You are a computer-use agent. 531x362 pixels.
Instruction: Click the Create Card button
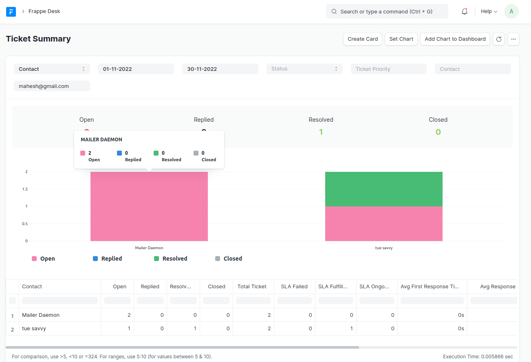[x=363, y=39]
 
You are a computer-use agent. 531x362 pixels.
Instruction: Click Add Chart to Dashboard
[x=455, y=39]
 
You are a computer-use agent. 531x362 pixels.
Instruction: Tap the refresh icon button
[x=499, y=39]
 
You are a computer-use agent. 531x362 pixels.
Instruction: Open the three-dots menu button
[x=513, y=39]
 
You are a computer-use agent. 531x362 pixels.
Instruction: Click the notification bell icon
[x=465, y=11]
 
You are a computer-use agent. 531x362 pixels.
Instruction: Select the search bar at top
[x=387, y=11]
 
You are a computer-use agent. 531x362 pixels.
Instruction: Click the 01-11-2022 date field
[x=136, y=69]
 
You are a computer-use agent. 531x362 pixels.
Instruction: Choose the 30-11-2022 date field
[x=220, y=69]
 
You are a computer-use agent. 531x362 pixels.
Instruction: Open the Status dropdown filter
[x=304, y=69]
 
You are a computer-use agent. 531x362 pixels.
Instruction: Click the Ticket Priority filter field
[x=388, y=69]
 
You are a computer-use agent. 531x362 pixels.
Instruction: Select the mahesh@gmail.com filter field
[x=52, y=86]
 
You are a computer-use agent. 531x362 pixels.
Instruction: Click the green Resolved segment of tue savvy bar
[x=383, y=189]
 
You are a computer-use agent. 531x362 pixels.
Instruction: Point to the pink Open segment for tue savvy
[x=383, y=224]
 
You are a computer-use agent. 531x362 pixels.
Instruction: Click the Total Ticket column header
[x=252, y=287]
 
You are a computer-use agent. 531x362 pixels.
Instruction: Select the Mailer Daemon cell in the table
[x=41, y=315]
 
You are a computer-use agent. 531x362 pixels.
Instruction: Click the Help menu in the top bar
[x=489, y=11]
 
